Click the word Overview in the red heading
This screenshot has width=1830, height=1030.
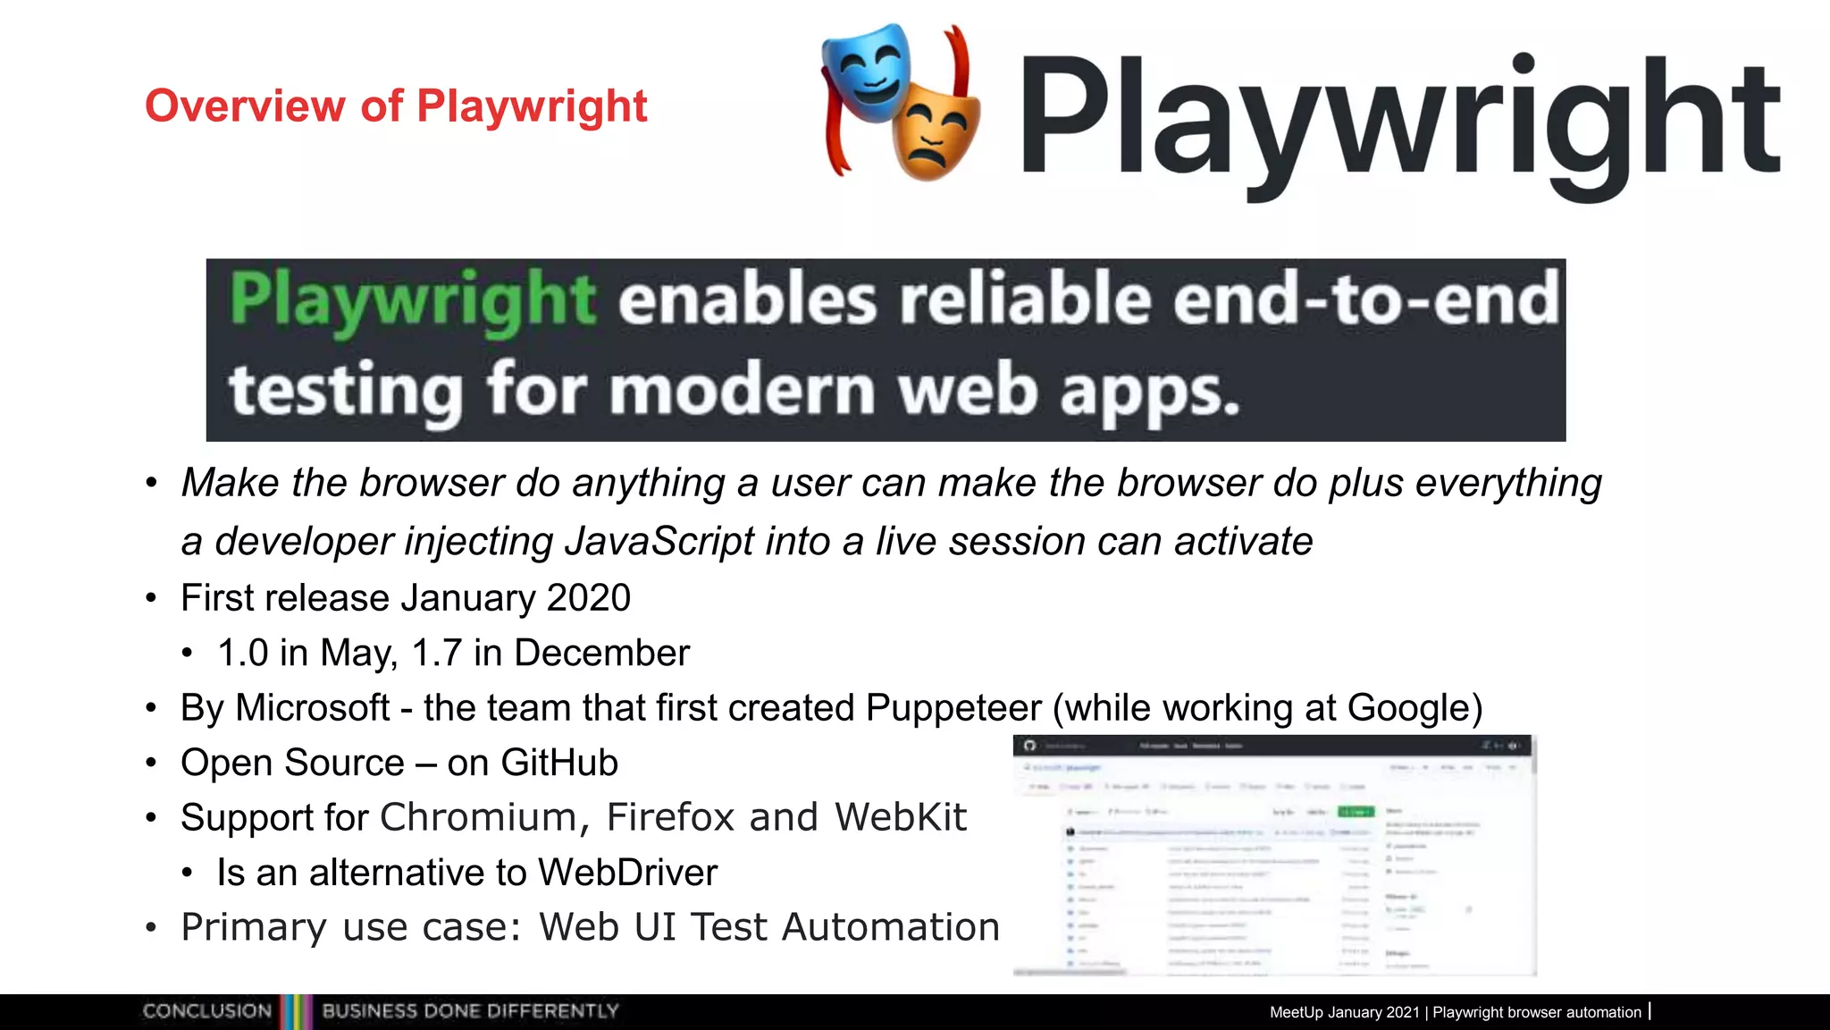(x=244, y=106)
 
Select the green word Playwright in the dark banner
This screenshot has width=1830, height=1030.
(x=412, y=300)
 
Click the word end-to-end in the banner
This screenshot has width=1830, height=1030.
(x=1366, y=300)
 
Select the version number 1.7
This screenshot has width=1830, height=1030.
(x=436, y=654)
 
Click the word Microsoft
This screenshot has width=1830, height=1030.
(x=313, y=708)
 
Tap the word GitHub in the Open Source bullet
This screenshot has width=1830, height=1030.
(x=559, y=764)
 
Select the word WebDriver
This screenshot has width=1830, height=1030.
(x=627, y=873)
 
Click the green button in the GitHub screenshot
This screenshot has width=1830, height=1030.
(x=1355, y=812)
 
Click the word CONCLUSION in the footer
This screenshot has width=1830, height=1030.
(x=207, y=1011)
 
